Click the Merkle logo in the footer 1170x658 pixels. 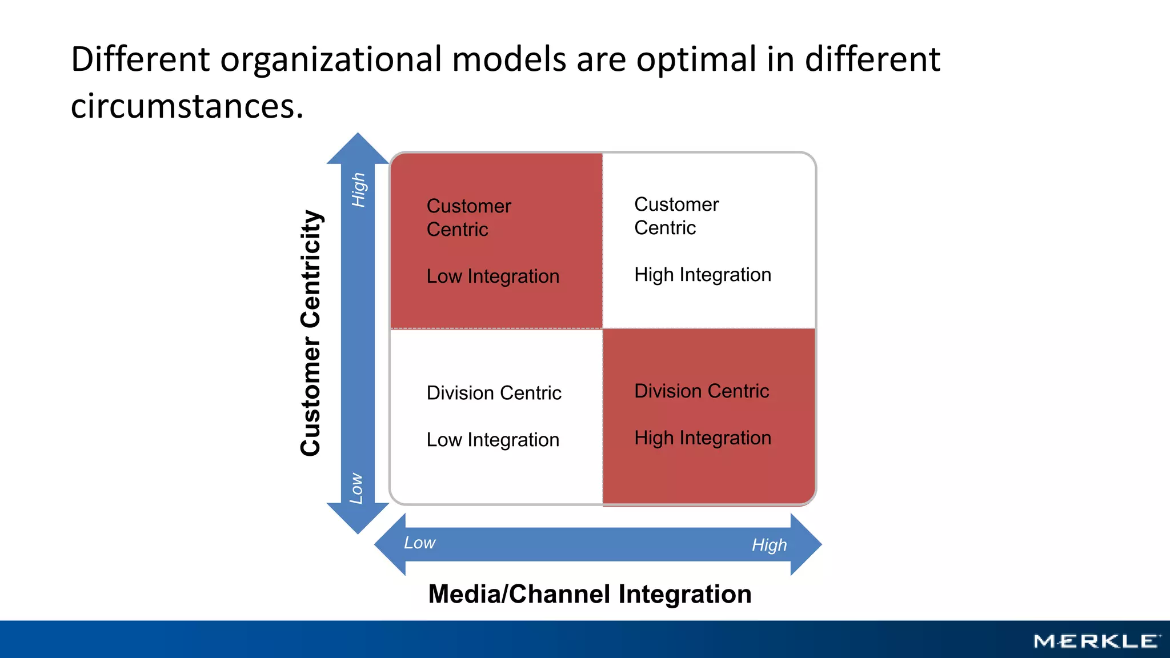(x=1096, y=641)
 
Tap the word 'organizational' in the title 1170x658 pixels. (x=331, y=59)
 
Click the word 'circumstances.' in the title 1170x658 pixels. (x=187, y=106)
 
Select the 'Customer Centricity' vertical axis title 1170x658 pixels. (x=311, y=332)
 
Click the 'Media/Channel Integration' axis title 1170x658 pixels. (x=590, y=594)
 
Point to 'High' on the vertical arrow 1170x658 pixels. (x=358, y=190)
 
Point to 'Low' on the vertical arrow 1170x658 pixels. (x=356, y=488)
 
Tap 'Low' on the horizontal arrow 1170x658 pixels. (x=419, y=543)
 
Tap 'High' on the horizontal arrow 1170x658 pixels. (x=769, y=545)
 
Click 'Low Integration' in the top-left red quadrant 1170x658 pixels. (x=492, y=276)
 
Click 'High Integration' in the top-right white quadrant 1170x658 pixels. (x=702, y=275)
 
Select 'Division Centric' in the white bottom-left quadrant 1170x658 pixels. (x=494, y=393)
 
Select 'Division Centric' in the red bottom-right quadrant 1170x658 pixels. (x=702, y=391)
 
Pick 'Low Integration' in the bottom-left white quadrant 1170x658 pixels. (x=492, y=440)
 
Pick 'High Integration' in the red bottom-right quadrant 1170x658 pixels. (x=702, y=438)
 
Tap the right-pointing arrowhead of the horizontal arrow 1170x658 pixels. (x=805, y=544)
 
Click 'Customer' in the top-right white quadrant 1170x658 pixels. (x=676, y=204)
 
